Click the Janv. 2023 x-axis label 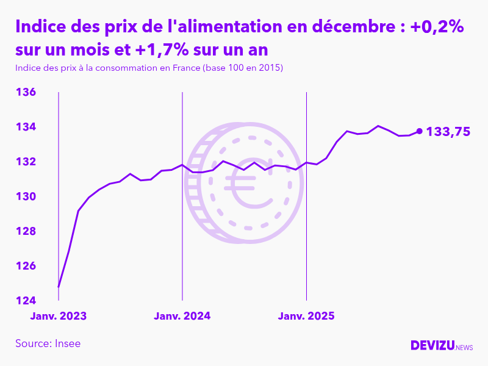click(59, 316)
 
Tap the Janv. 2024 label click(182, 316)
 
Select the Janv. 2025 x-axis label click(306, 316)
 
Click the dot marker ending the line click(419, 131)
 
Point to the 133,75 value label click(448, 131)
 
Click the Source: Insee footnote click(48, 343)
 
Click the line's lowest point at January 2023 click(59, 286)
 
